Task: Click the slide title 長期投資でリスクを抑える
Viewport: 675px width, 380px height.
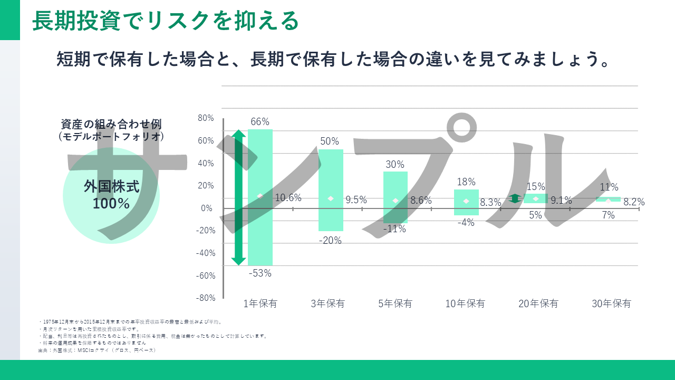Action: (x=166, y=21)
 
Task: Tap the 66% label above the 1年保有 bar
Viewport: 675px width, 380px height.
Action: (x=260, y=122)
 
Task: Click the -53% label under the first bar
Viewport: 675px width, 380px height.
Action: (x=260, y=273)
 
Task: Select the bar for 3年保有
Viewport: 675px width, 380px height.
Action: (x=331, y=190)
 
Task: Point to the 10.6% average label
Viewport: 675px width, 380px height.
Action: (x=288, y=198)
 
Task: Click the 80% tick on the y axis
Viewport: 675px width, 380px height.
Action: (x=206, y=118)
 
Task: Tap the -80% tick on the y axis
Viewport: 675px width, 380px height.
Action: (x=205, y=298)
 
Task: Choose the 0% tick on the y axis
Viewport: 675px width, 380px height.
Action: (x=207, y=208)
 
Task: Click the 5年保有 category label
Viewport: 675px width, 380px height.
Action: (x=395, y=303)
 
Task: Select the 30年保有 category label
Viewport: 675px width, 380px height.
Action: (x=611, y=303)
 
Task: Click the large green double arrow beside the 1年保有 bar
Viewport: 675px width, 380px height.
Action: (x=239, y=197)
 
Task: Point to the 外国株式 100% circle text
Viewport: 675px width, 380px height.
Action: (x=111, y=195)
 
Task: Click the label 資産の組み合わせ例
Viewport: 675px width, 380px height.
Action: (x=111, y=124)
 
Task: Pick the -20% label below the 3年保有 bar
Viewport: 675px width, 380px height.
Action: (x=331, y=240)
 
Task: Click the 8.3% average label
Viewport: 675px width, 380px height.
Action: (x=490, y=202)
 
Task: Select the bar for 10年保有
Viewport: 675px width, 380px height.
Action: (x=466, y=202)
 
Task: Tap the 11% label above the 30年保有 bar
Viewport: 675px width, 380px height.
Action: (x=609, y=187)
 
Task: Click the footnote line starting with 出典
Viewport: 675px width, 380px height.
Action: (x=97, y=350)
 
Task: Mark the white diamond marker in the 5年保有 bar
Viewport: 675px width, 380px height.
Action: (x=396, y=201)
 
